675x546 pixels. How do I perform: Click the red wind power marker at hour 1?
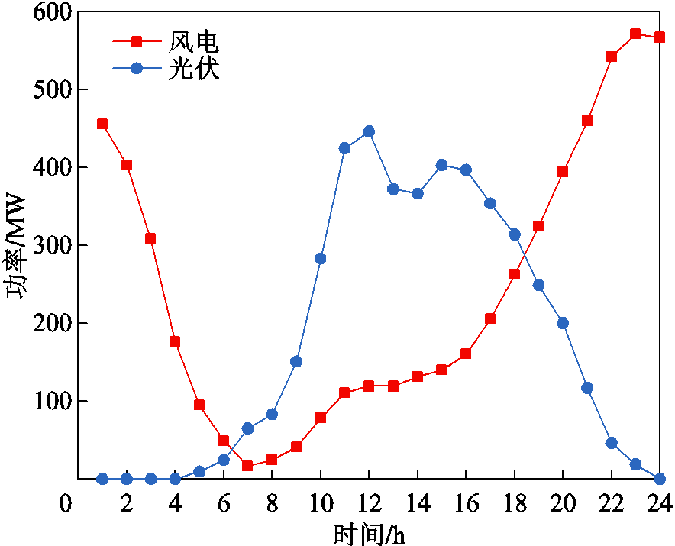102,124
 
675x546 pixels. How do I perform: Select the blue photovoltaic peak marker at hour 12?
369,131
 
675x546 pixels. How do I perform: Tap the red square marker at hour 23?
635,34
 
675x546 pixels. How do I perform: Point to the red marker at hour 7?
247,466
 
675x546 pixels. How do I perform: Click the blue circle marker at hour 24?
660,479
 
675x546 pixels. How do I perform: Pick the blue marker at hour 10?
321,259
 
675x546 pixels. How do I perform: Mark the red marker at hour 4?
175,341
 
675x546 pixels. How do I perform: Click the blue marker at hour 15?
441,165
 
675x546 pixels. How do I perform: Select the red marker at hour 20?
563,172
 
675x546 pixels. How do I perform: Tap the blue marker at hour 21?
587,388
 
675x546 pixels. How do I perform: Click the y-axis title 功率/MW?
17,245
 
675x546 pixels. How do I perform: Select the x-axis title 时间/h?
369,533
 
